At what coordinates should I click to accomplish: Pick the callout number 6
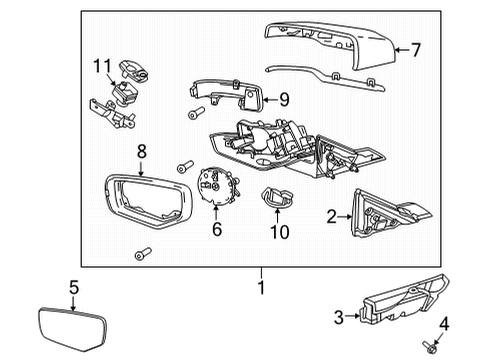pos(216,229)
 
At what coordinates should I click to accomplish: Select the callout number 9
pos(284,98)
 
